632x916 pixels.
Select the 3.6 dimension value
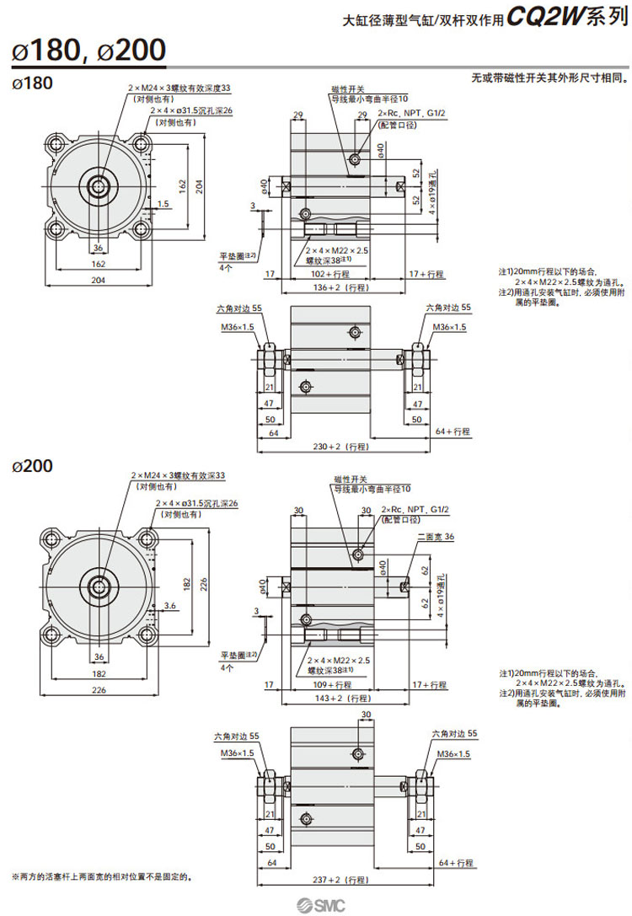pyautogui.click(x=169, y=605)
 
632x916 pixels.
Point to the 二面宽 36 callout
pyautogui.click(x=435, y=537)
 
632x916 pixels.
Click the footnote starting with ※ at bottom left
pyautogui.click(x=102, y=877)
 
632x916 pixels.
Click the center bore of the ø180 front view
pyautogui.click(x=99, y=185)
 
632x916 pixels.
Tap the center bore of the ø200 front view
pyautogui.click(x=99, y=585)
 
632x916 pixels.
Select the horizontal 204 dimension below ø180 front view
pyautogui.click(x=99, y=279)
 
